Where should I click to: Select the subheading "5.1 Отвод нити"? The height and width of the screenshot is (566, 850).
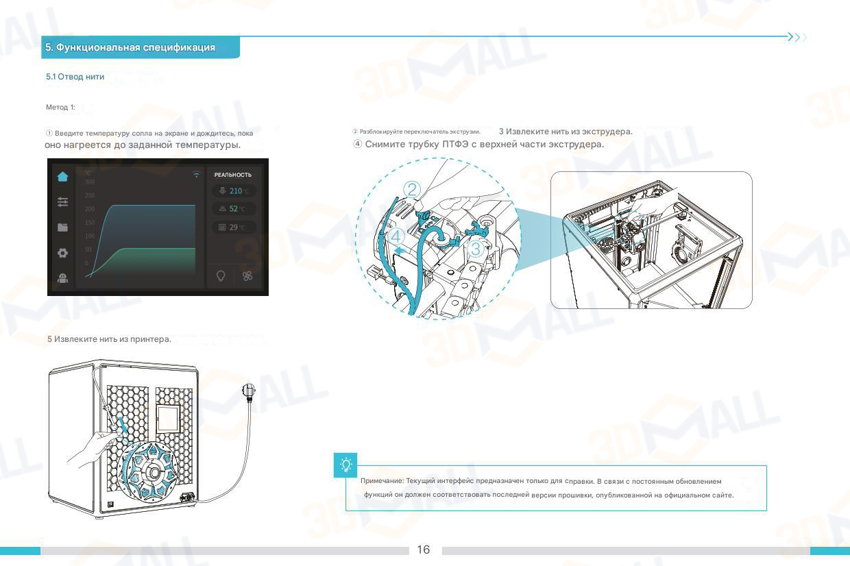point(75,77)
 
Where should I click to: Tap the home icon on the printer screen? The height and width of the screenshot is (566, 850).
point(63,176)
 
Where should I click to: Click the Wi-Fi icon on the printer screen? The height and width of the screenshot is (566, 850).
point(197,175)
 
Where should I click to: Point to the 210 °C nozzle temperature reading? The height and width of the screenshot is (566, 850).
point(235,191)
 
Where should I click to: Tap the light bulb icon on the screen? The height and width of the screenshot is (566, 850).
point(221,275)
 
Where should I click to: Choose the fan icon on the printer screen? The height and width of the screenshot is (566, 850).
point(247,275)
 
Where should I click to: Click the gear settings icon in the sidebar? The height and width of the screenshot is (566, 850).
point(63,253)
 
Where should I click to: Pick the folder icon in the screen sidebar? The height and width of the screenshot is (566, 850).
point(63,227)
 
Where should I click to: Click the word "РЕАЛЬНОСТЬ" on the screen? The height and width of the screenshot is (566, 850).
point(232,175)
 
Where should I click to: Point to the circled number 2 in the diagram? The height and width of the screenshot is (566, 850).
point(411,190)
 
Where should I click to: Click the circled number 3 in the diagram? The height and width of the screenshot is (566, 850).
point(476,250)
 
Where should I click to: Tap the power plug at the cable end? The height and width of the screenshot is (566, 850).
point(249,391)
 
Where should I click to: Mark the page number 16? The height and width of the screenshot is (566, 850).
point(424,550)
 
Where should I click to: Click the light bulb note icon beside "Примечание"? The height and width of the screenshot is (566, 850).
point(346,465)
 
